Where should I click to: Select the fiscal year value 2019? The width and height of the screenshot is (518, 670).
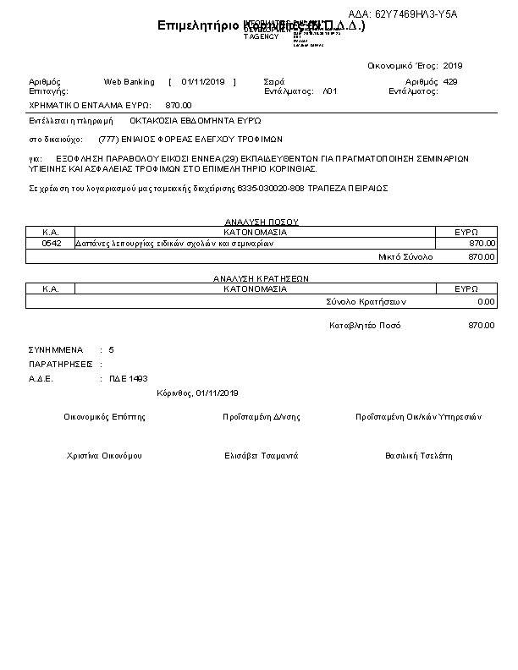tap(453, 65)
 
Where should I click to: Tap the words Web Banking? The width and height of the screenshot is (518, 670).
tap(129, 82)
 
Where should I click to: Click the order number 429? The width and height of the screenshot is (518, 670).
tap(450, 82)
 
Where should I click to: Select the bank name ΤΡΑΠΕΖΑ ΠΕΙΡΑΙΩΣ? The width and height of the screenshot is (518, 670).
tap(355, 188)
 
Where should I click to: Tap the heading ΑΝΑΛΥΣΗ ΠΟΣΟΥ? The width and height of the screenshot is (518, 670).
tap(260, 222)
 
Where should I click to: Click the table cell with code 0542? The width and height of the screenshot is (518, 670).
tap(50, 244)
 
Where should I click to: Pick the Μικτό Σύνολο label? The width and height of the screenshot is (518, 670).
tap(405, 255)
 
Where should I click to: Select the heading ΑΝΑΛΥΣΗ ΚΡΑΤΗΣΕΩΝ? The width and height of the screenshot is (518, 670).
tap(260, 277)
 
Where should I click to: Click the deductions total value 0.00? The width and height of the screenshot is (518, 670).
tap(486, 301)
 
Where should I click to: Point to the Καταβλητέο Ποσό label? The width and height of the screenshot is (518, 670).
tap(365, 326)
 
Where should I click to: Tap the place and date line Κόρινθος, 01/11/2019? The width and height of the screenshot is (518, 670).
tap(198, 393)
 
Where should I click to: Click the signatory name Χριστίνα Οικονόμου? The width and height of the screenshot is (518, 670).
tap(104, 456)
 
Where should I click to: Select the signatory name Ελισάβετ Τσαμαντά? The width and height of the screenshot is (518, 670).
tap(261, 456)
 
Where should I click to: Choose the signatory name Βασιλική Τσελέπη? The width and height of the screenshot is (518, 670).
tap(418, 456)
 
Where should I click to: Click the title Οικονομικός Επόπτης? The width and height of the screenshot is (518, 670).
tap(104, 417)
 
